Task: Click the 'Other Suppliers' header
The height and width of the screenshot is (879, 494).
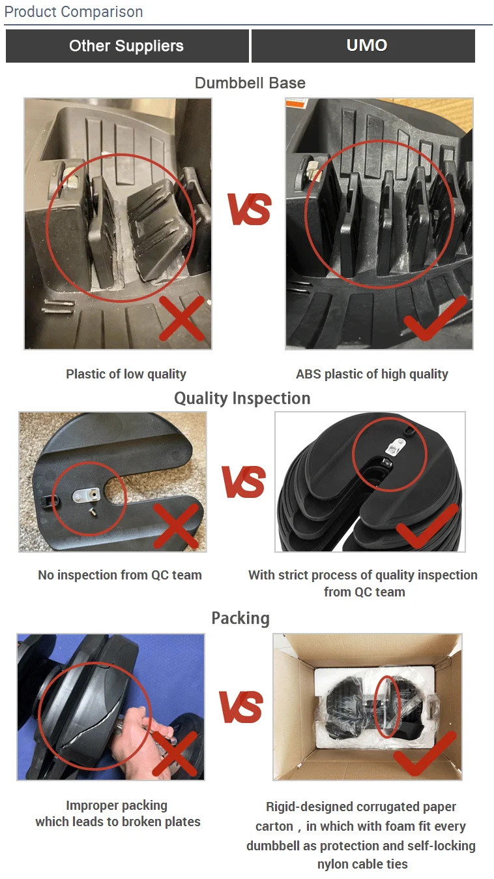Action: coord(126,46)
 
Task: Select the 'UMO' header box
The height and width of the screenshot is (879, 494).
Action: coord(366,46)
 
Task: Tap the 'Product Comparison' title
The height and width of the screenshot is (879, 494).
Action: coord(74,12)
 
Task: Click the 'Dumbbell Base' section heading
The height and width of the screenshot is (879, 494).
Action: coord(250,83)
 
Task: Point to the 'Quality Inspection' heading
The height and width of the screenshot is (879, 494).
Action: coord(242,398)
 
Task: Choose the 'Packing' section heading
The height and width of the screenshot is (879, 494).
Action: coord(240,618)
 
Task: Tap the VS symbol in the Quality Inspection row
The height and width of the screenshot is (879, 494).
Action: coord(243,482)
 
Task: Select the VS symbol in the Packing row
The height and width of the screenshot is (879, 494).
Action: coord(241,707)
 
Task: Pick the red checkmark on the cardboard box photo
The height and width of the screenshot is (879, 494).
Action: coord(424,753)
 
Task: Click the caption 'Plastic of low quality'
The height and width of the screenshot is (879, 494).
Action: coord(126,374)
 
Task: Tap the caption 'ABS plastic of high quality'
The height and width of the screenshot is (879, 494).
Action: coord(371,374)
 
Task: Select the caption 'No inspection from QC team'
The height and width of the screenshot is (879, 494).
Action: coord(120,575)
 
